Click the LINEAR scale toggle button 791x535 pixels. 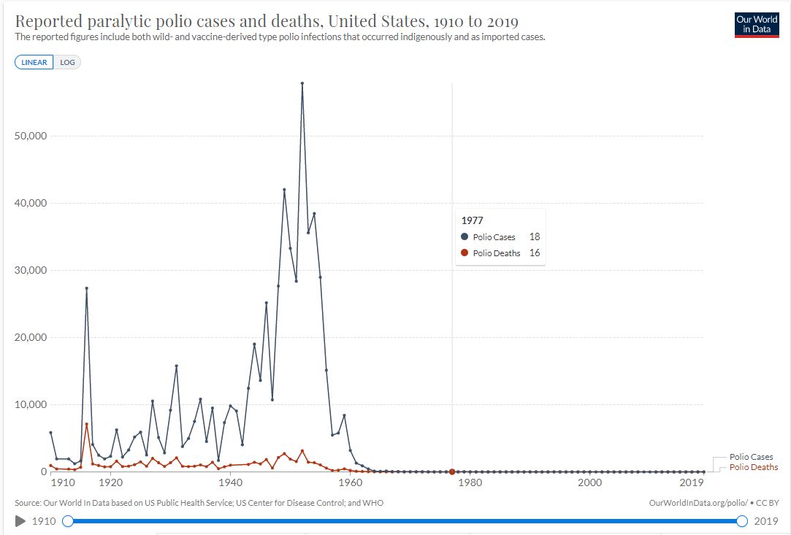pos(34,62)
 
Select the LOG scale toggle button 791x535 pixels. pos(68,62)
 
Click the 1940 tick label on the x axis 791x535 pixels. pos(230,482)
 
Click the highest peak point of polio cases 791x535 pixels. pos(302,83)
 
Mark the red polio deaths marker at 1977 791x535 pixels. pos(452,472)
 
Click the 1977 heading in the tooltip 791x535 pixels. pos(473,220)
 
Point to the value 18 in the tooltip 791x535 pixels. pos(535,237)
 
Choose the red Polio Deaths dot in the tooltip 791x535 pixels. pos(465,253)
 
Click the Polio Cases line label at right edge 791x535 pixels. pos(751,457)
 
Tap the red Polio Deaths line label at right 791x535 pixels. pos(754,467)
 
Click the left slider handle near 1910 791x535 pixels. pos(68,521)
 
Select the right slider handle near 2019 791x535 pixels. pos(742,521)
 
